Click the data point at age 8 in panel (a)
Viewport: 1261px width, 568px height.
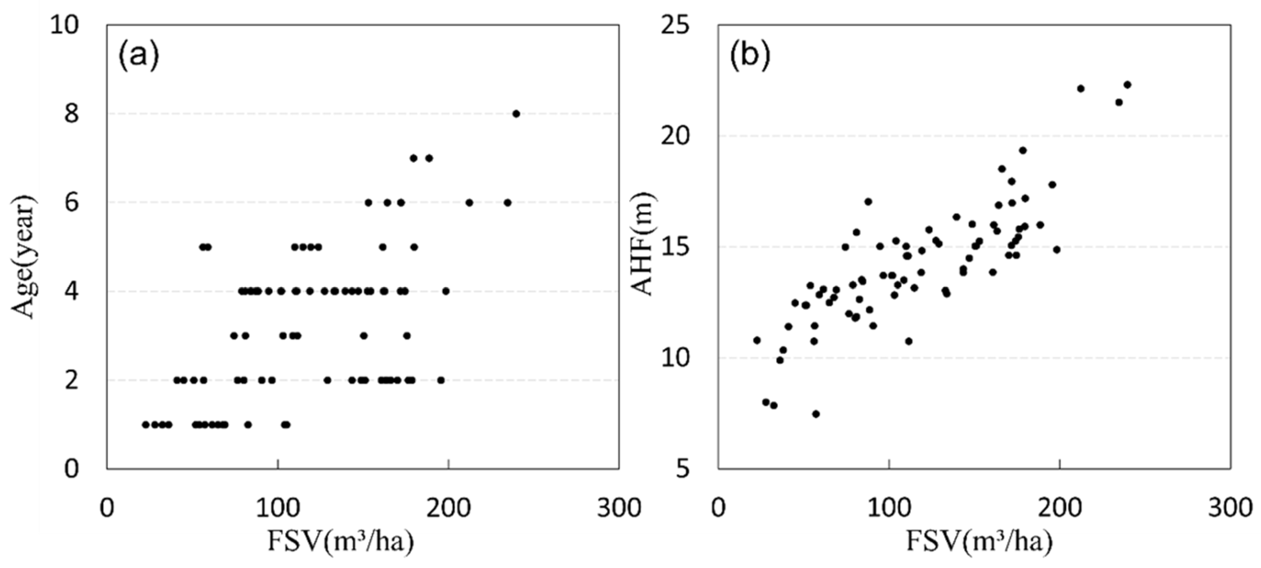coord(516,114)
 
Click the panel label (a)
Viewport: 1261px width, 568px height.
coord(138,56)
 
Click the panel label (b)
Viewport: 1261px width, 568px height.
coord(750,56)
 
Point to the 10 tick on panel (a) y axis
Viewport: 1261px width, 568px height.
coord(64,25)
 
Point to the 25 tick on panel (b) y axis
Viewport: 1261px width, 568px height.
coord(676,25)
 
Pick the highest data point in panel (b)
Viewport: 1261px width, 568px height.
coord(1127,85)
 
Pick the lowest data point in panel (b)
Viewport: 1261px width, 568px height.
coord(816,414)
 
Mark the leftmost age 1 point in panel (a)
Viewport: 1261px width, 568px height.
coord(145,425)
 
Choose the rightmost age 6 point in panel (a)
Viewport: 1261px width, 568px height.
coord(508,203)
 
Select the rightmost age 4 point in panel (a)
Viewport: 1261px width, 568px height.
coord(445,291)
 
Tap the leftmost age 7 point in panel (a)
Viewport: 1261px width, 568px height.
coord(413,158)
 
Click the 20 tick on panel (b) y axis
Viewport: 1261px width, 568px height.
coord(676,136)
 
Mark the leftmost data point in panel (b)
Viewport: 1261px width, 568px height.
coord(757,340)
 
